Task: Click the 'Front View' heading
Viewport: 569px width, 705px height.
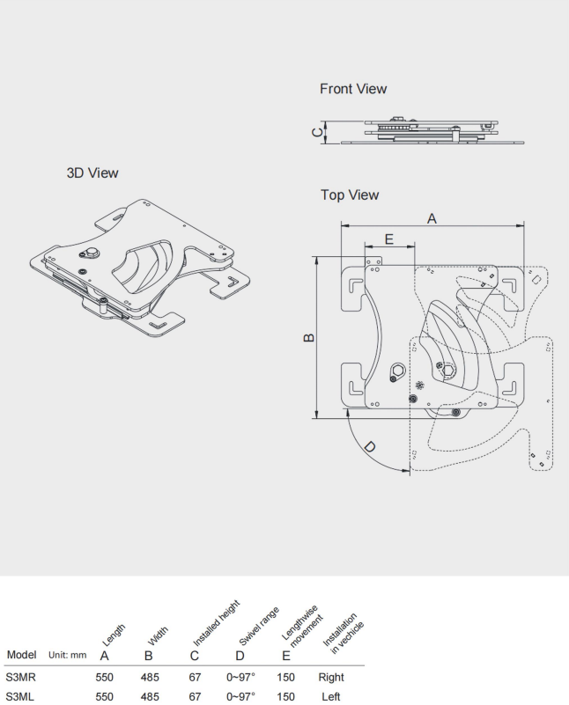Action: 352,89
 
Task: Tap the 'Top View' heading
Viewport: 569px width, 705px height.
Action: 349,195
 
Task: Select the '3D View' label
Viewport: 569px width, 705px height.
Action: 92,173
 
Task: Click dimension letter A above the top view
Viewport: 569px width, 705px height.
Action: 432,218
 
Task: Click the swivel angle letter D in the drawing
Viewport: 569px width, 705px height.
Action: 369,447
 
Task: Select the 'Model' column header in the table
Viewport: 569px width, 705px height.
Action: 21,655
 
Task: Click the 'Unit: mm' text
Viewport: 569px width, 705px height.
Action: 67,656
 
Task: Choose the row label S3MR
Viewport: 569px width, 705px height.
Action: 20,678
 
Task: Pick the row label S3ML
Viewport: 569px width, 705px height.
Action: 20,696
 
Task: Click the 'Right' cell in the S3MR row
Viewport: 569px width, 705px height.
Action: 331,678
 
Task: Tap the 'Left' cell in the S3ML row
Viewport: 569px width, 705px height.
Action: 331,696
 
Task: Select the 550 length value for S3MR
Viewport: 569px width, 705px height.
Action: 105,678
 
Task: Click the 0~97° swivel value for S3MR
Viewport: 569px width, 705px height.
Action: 240,678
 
